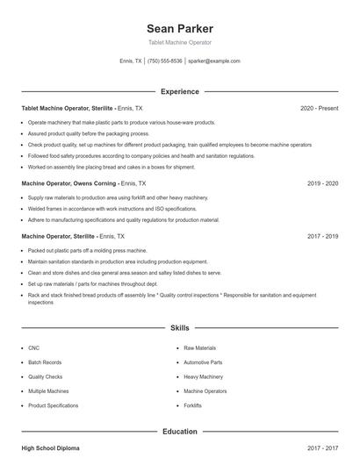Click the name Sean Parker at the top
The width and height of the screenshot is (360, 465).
[x=180, y=28]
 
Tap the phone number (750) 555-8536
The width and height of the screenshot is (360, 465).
[x=164, y=61]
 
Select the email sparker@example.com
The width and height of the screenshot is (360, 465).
[x=214, y=61]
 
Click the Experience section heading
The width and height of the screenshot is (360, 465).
[x=180, y=91]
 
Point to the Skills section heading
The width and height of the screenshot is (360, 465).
[x=180, y=327]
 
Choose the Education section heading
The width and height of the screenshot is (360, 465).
[x=180, y=432]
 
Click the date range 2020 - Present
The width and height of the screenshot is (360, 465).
[x=320, y=108]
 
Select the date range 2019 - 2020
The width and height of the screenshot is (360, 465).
[x=323, y=184]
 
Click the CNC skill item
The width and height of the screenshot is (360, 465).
[x=34, y=348]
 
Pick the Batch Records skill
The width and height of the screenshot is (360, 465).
[x=45, y=362]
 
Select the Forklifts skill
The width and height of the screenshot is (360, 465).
[x=193, y=405]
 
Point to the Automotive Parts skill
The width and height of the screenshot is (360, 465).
[x=203, y=362]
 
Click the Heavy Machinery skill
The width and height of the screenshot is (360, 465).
[x=204, y=376]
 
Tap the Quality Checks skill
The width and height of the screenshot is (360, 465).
[x=46, y=376]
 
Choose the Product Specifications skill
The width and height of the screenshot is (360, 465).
[x=53, y=405]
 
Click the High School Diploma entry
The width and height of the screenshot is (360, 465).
[x=50, y=448]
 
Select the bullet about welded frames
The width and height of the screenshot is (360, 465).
[x=109, y=209]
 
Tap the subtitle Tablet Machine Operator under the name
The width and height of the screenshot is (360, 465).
[x=180, y=42]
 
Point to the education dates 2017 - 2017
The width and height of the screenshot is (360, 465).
[x=323, y=448]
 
